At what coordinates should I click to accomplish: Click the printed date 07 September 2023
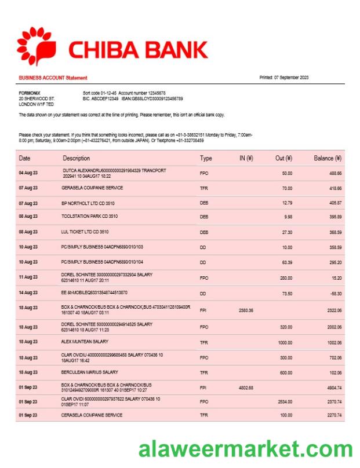pos(284,78)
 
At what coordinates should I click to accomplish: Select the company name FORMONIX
pos(30,93)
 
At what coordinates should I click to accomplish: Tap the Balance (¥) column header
pos(328,158)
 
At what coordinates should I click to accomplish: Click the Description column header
pos(77,158)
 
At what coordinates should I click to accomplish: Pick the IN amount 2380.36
pos(246,310)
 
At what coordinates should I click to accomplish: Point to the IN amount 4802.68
pos(246,387)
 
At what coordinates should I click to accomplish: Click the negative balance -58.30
pos(334,293)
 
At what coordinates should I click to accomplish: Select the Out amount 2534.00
pos(284,401)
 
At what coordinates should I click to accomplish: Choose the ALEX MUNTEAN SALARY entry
pos(85,342)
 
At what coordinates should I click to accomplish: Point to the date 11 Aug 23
pos(28,277)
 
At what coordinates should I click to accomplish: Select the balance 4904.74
pos(333,387)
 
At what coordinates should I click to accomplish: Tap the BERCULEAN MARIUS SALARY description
pos(90,372)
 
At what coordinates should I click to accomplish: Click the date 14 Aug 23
pos(28,293)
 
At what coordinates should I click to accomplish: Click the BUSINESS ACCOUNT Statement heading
pos(53,78)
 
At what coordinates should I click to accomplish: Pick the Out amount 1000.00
pos(284,343)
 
